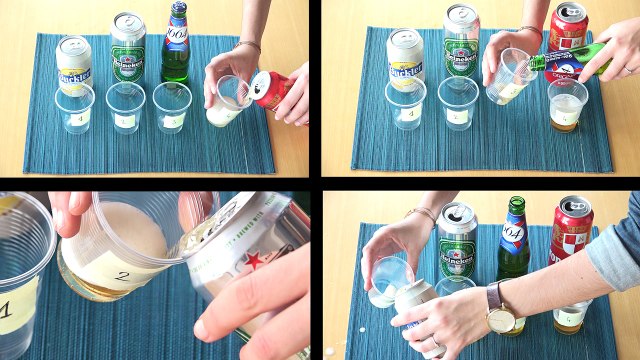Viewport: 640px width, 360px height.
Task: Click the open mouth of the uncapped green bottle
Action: (517, 202)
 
